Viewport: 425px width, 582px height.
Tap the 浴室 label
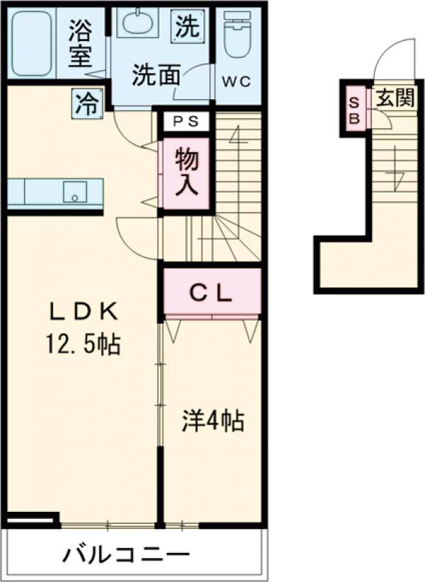pyautogui.click(x=82, y=44)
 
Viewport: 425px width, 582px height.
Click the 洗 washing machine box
pyautogui.click(x=188, y=26)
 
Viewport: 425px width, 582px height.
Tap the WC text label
pyautogui.click(x=237, y=80)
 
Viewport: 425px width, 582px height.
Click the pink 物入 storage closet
pyautogui.click(x=186, y=173)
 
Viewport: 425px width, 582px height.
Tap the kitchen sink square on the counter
pyautogui.click(x=74, y=192)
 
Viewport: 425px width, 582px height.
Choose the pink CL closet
pyautogui.click(x=212, y=291)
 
